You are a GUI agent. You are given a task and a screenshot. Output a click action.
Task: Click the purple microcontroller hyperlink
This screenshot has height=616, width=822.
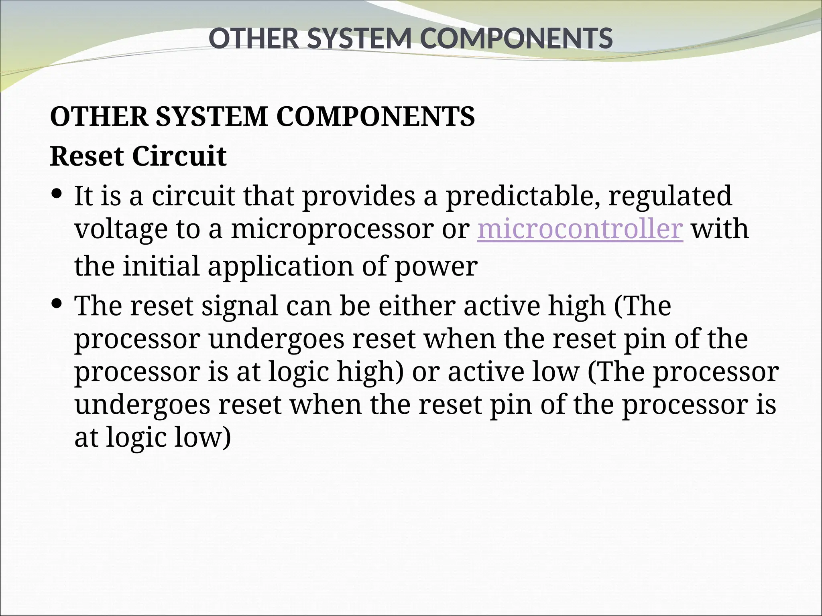[x=580, y=229]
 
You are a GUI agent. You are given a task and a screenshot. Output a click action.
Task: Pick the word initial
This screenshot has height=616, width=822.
[x=161, y=266]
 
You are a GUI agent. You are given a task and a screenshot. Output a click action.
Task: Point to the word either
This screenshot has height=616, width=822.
[x=416, y=306]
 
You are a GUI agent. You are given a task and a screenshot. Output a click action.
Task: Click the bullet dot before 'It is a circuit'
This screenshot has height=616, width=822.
[x=57, y=194]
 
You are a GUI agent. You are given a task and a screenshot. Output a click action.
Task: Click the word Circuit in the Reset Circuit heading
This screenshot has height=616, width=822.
[x=179, y=156]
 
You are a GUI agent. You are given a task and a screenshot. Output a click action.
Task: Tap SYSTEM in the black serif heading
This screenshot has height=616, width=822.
[x=212, y=117]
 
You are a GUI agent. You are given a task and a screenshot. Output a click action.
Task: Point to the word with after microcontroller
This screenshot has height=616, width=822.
[x=720, y=229]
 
